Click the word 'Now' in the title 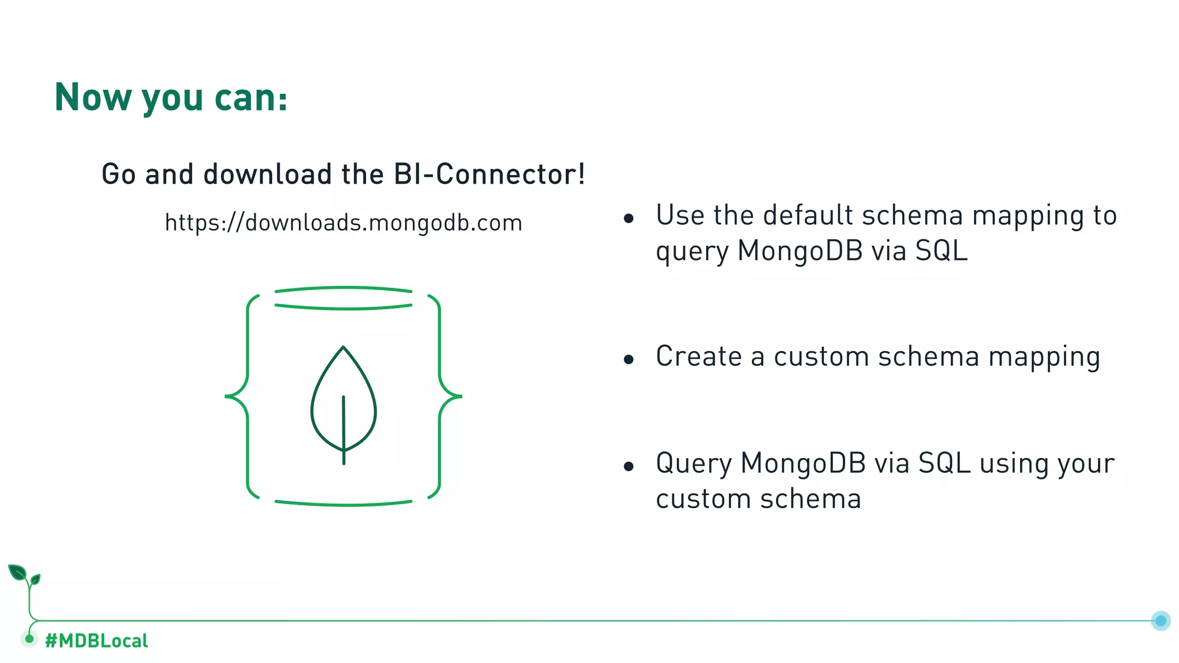pos(93,97)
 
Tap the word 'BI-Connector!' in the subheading pos(489,174)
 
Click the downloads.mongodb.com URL pos(344,223)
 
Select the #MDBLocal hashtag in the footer pos(97,641)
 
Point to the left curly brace pos(241,396)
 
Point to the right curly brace pos(446,396)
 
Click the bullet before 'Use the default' pos(629,218)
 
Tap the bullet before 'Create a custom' pos(629,360)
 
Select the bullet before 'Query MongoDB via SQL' pos(629,466)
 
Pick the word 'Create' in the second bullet pos(698,356)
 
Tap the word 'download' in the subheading pos(268,174)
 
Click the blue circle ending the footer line pos(1161,620)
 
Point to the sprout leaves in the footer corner pos(23,575)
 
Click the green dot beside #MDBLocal pos(29,638)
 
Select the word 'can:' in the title pos(251,97)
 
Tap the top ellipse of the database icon pos(344,298)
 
